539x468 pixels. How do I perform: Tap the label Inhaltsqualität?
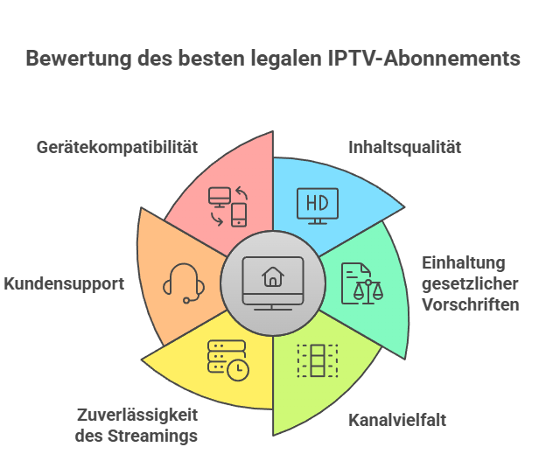point(404,147)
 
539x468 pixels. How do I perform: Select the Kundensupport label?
point(64,283)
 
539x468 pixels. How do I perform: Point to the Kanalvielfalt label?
point(397,420)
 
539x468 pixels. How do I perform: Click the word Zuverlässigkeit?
point(136,414)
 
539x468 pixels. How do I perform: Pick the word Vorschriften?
point(470,305)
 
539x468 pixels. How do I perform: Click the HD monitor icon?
point(316,205)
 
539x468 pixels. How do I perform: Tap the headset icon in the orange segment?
point(184,283)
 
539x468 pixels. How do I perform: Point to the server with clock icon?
point(227,360)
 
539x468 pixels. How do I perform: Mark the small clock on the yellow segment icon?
point(236,370)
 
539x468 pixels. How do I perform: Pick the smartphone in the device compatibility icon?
point(238,215)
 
